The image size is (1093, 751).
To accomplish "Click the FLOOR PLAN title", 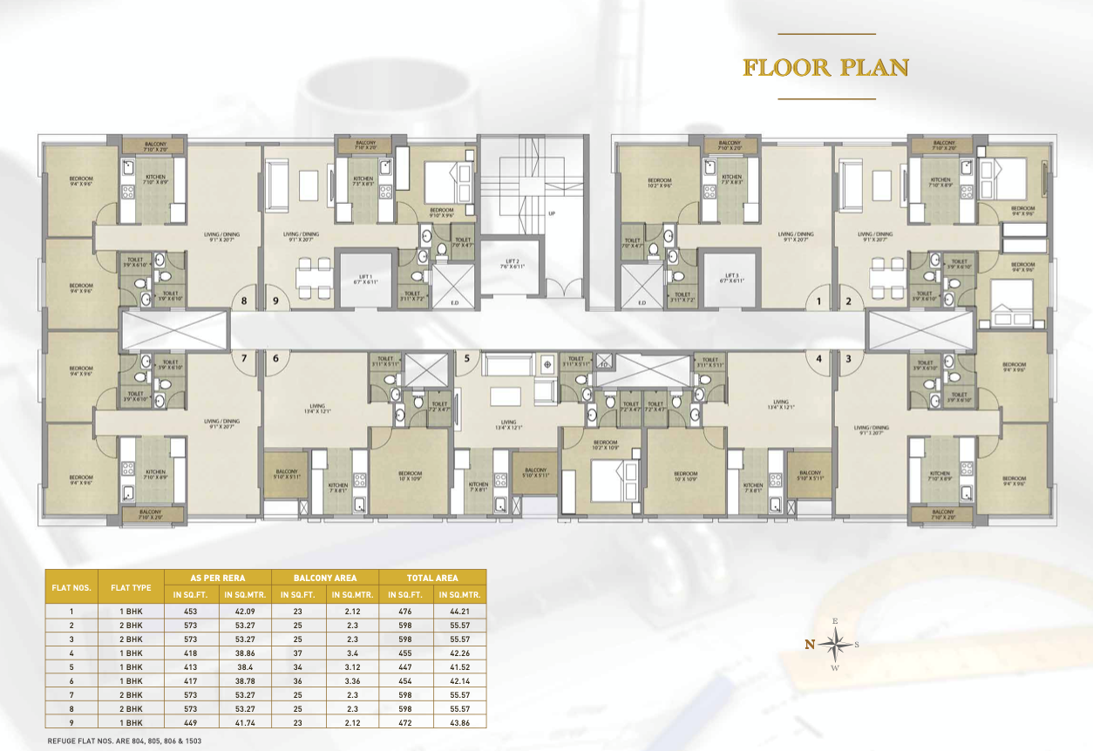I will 825,68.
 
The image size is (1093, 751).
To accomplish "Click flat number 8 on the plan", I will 245,302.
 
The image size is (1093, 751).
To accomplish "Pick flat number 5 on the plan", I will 466,358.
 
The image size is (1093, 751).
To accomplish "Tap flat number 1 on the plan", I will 818,302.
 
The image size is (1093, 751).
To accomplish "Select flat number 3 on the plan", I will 848,358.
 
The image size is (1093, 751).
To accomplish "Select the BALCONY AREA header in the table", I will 325,578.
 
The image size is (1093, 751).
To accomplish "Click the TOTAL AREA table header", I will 432,578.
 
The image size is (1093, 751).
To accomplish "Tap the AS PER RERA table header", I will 217,578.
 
